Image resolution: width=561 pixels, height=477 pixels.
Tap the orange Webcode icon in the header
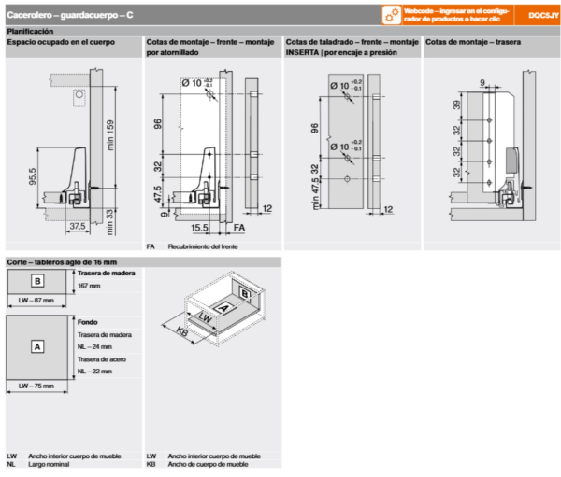(x=390, y=15)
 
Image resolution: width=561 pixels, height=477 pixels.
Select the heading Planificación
(x=32, y=31)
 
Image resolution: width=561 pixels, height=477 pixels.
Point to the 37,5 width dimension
(x=76, y=225)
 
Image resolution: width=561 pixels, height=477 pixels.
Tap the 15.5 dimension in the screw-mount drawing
(x=199, y=227)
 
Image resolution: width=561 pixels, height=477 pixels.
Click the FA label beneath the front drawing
(x=239, y=227)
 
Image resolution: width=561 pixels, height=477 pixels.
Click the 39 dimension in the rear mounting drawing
(x=455, y=106)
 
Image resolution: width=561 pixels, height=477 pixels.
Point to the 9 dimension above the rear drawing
(x=482, y=83)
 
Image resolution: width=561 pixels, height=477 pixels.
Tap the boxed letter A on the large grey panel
(x=37, y=346)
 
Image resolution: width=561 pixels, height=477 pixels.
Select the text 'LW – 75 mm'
(x=37, y=385)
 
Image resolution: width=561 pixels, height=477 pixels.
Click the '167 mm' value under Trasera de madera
(x=89, y=285)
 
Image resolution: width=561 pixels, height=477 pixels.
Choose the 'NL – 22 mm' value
(x=94, y=371)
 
